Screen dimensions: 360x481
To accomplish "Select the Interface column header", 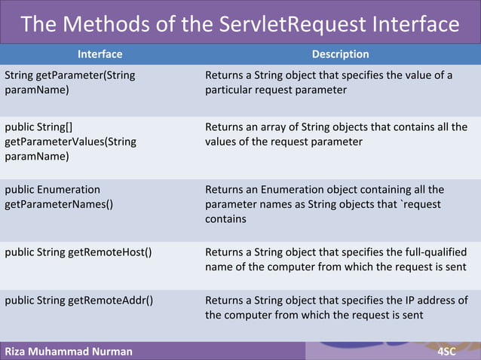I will [x=100, y=54].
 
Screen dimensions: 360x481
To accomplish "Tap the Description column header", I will [x=340, y=54].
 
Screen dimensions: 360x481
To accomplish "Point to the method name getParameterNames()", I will [x=59, y=204].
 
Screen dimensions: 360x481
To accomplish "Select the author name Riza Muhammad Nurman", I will [x=69, y=351].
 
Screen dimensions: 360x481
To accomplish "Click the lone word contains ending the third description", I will [x=225, y=219].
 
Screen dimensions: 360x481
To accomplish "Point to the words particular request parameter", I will [x=275, y=90].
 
